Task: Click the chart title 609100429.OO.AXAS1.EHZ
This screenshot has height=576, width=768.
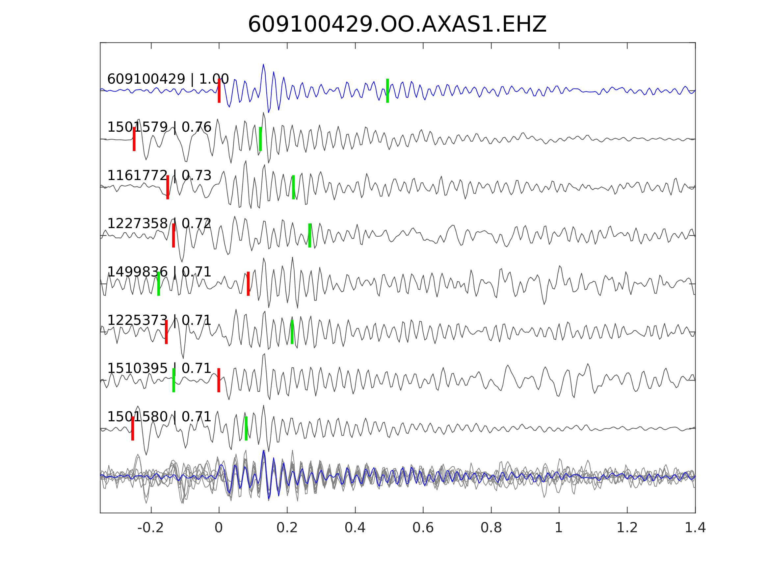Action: pyautogui.click(x=397, y=24)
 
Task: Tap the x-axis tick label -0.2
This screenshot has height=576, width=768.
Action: pyautogui.click(x=150, y=528)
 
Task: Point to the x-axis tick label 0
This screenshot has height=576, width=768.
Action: pyautogui.click(x=218, y=528)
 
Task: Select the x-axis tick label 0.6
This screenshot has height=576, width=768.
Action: pyautogui.click(x=423, y=528)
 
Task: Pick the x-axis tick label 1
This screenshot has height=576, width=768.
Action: pyautogui.click(x=559, y=528)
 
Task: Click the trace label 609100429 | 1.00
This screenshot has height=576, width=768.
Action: pyautogui.click(x=168, y=79)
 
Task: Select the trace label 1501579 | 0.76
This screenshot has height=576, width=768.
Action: pyautogui.click(x=159, y=127)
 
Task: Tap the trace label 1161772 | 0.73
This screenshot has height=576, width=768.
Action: pyautogui.click(x=159, y=176)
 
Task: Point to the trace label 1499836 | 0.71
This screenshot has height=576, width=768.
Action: pyautogui.click(x=159, y=272)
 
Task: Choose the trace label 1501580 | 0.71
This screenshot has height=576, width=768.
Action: pyautogui.click(x=159, y=417)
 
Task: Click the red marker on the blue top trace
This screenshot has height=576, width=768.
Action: pyautogui.click(x=219, y=91)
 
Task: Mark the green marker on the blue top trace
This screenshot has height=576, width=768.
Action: pyautogui.click(x=387, y=91)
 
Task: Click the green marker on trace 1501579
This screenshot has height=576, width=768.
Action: pyautogui.click(x=260, y=139)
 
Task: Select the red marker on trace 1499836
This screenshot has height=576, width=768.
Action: pyautogui.click(x=248, y=284)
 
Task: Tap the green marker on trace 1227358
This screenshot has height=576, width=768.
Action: pyautogui.click(x=310, y=235)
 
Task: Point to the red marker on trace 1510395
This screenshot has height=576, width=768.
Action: pyautogui.click(x=219, y=380)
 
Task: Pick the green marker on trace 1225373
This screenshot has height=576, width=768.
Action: pyautogui.click(x=292, y=332)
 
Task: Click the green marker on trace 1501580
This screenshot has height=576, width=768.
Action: pyautogui.click(x=246, y=429)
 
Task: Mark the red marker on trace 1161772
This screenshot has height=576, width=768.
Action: pyautogui.click(x=168, y=187)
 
